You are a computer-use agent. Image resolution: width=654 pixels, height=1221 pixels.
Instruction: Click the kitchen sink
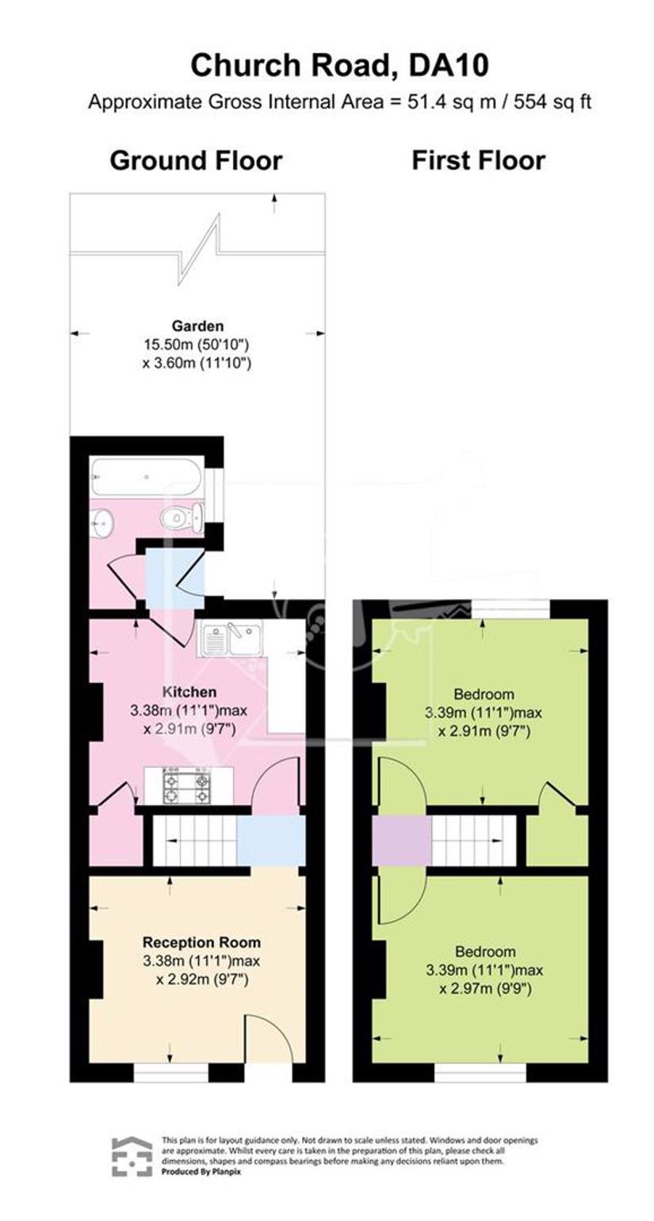(231, 639)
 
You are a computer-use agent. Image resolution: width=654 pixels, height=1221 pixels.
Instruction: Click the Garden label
(197, 326)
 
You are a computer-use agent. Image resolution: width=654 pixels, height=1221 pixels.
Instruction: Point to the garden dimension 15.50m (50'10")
(197, 345)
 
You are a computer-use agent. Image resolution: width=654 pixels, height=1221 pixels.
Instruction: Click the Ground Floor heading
(197, 161)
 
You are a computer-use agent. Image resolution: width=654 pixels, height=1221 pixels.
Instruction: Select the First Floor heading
(478, 161)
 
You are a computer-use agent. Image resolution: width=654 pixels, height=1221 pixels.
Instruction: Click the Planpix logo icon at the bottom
(132, 1157)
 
